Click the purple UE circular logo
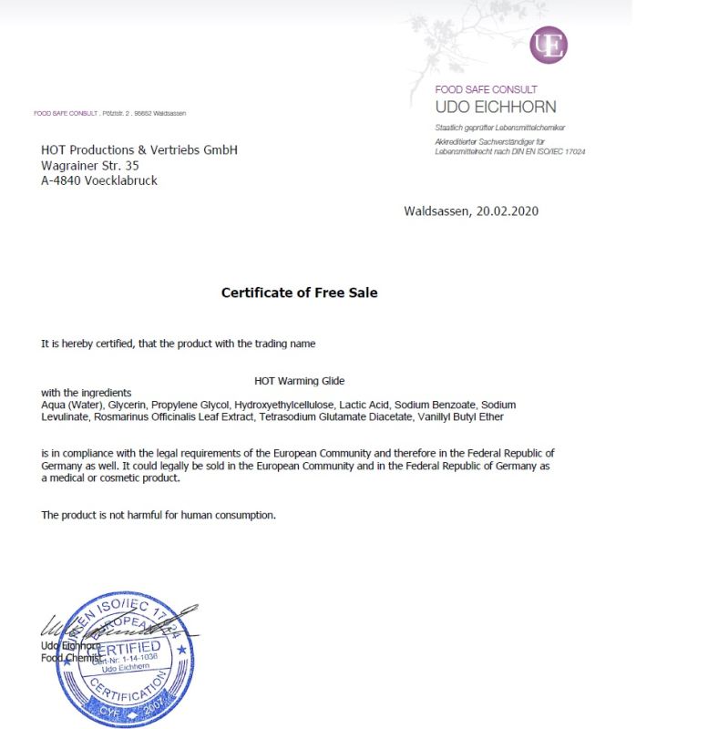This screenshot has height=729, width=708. click(549, 45)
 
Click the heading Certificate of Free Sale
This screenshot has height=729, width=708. click(299, 293)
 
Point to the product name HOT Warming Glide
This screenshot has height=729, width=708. click(299, 381)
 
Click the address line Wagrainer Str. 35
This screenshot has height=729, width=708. click(90, 165)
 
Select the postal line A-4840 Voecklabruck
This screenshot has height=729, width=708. click(99, 180)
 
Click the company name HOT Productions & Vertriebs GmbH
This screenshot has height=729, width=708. click(139, 149)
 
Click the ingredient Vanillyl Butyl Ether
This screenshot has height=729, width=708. click(460, 416)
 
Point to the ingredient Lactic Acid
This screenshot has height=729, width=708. click(364, 404)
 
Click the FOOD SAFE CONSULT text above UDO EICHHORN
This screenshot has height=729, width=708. click(487, 89)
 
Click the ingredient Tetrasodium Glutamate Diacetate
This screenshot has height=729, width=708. click(334, 416)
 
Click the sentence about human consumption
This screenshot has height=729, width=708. click(158, 515)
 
